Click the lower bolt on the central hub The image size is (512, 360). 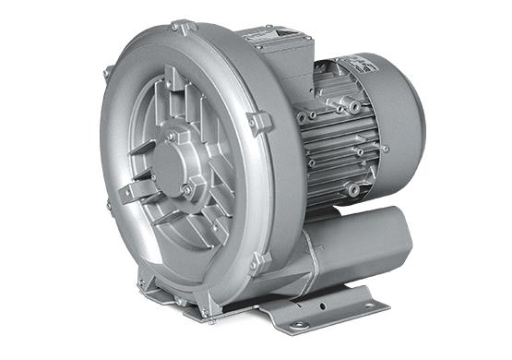pyautogui.click(x=187, y=189)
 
